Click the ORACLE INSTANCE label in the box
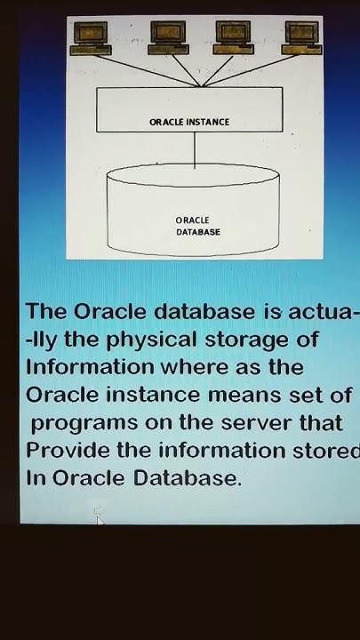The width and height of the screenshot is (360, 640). click(x=188, y=123)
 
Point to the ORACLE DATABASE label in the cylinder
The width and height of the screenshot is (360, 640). click(x=197, y=226)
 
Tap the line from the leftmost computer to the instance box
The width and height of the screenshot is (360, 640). click(x=142, y=70)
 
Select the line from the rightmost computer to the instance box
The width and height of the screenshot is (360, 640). click(x=249, y=69)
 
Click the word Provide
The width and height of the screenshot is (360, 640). click(x=68, y=450)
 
